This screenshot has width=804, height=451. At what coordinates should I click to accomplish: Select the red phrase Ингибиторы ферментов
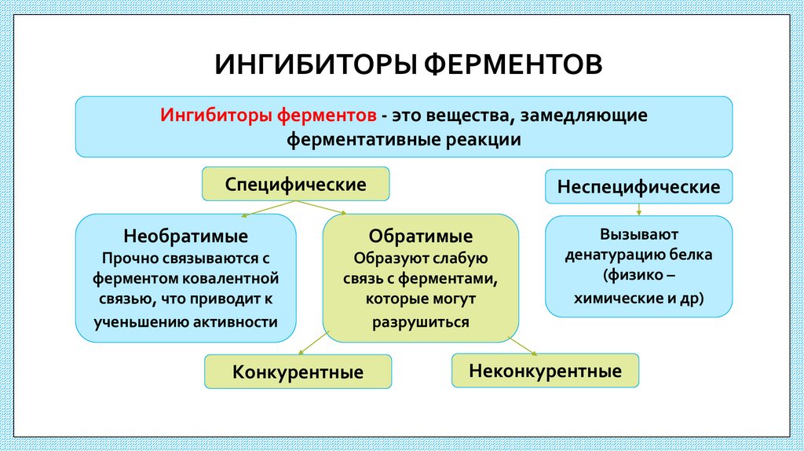(x=268, y=115)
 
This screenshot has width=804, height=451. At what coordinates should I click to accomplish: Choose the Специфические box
(x=296, y=185)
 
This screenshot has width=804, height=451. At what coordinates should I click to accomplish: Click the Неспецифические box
(x=638, y=188)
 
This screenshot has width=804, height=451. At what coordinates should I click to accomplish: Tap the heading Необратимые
(x=185, y=236)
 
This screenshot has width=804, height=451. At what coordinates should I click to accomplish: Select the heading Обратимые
(x=421, y=236)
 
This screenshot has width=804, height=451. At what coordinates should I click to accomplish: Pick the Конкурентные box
(x=298, y=372)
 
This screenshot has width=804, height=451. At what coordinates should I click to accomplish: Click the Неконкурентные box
(x=545, y=371)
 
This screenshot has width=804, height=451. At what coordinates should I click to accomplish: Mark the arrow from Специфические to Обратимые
(x=322, y=207)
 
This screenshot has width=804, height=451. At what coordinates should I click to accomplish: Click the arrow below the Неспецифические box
(x=639, y=209)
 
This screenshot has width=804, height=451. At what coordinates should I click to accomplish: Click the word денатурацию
(x=617, y=255)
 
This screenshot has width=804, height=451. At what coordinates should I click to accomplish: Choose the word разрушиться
(x=420, y=321)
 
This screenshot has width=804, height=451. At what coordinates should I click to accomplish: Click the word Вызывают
(x=638, y=234)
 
